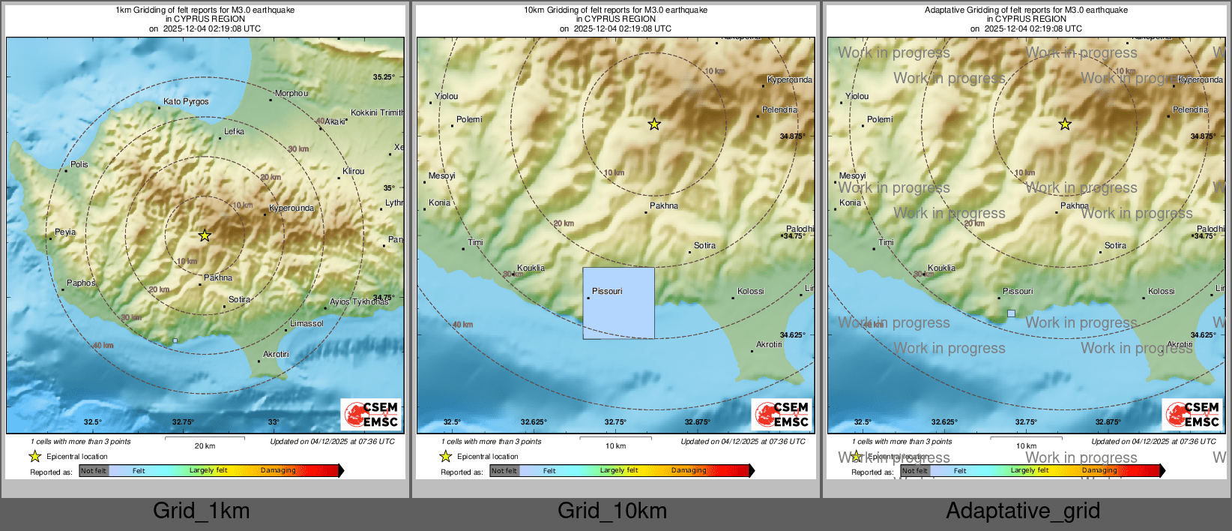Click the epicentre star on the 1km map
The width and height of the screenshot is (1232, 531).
[205, 235]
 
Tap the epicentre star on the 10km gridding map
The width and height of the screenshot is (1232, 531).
[654, 124]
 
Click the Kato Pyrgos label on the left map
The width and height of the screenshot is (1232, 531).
[186, 101]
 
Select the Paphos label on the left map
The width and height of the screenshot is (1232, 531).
[81, 283]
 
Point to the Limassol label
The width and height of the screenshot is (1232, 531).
[307, 323]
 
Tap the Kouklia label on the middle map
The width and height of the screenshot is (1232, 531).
[531, 268]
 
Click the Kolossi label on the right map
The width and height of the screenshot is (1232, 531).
[1161, 291]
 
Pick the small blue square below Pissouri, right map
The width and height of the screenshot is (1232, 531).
[1011, 313]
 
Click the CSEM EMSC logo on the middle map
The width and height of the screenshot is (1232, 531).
[782, 414]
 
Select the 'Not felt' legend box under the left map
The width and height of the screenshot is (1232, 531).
[94, 471]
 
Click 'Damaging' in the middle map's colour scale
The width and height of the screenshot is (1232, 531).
[689, 470]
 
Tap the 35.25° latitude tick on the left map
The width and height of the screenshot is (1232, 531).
[383, 76]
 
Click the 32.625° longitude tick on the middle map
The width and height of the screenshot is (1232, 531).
[534, 422]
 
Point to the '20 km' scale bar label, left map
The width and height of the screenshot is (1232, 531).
[205, 445]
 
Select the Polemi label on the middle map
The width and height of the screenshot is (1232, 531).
[469, 119]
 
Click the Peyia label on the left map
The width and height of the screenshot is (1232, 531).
[65, 232]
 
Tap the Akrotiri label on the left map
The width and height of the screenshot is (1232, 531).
[276, 354]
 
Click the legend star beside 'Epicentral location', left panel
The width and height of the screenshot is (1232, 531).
[34, 456]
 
